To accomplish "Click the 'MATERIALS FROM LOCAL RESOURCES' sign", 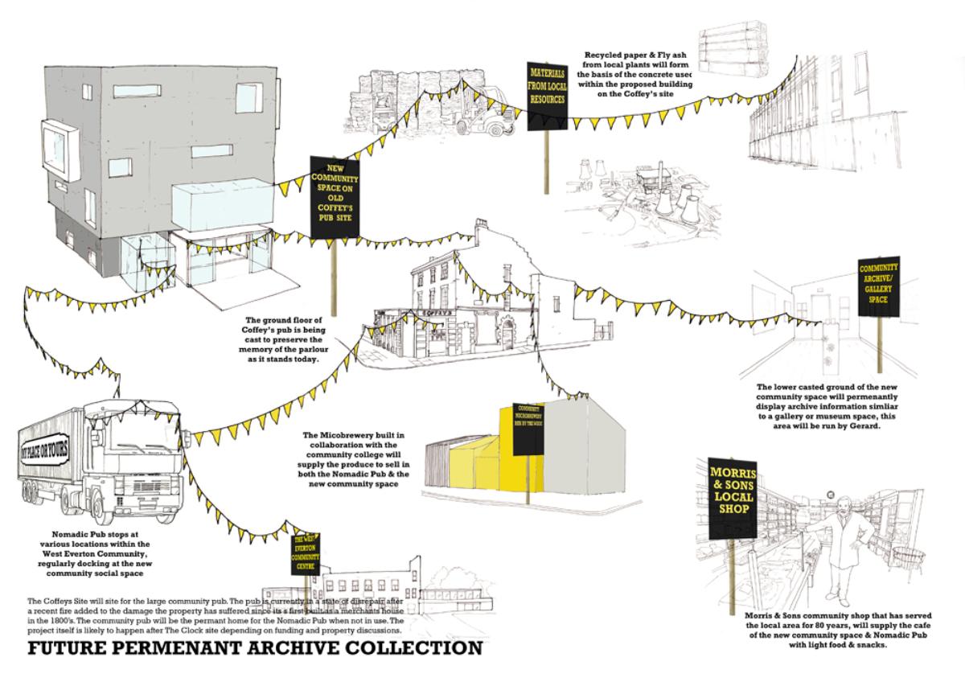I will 548,96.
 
